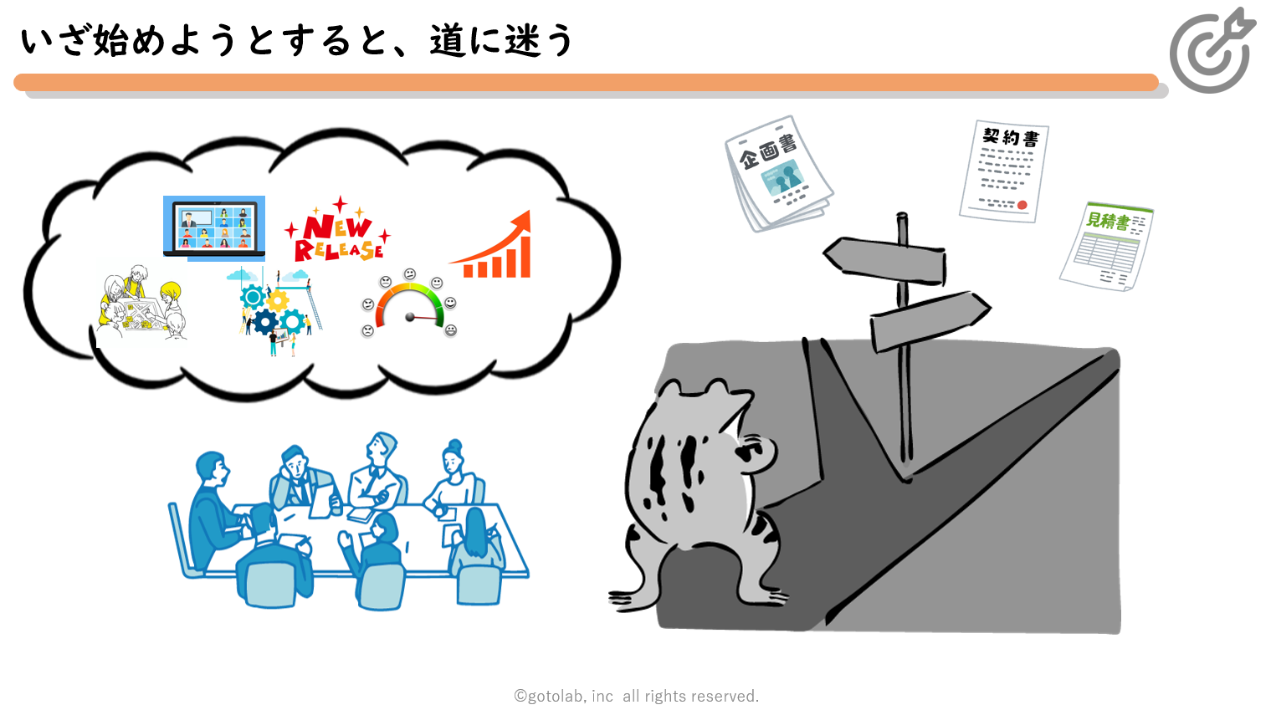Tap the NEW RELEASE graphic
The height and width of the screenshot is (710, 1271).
338,231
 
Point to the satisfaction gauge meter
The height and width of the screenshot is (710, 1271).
409,304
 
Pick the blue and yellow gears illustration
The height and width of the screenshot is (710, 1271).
274,312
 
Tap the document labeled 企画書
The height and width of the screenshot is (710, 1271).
778,173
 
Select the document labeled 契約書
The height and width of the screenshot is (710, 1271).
1004,171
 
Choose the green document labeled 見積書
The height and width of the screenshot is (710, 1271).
1106,246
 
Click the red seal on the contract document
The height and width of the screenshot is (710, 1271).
1022,205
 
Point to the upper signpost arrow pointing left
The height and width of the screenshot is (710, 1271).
884,261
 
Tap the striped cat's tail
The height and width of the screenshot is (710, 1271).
636,590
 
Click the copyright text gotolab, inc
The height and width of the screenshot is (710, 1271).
636,696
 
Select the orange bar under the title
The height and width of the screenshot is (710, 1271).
586,82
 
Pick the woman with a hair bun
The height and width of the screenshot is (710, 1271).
453,477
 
